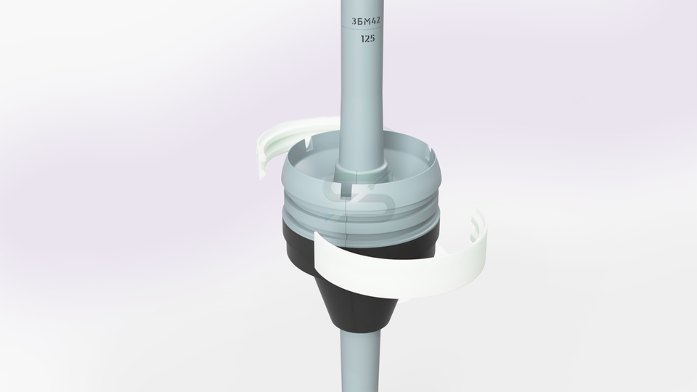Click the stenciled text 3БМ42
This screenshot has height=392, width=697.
tap(366, 21)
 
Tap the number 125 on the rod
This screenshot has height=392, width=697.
tap(367, 38)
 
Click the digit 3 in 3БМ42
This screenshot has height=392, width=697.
tap(354, 21)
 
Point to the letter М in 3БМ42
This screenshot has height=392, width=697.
tap(366, 21)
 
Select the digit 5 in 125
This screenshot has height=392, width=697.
tap(372, 38)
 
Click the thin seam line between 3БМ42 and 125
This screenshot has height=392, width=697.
tap(362, 29)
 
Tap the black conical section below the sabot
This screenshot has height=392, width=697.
tap(361, 306)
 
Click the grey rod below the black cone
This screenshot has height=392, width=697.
tap(361, 361)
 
